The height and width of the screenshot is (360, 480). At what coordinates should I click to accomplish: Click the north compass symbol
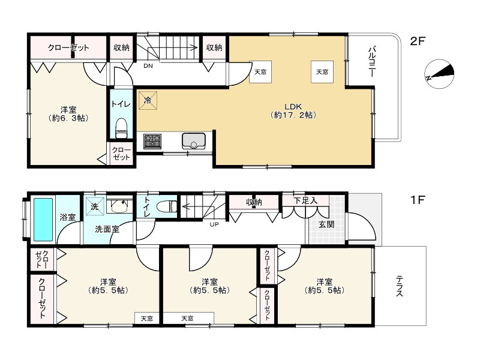pyautogui.click(x=439, y=74)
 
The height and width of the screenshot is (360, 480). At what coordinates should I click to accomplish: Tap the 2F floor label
pyautogui.click(x=418, y=41)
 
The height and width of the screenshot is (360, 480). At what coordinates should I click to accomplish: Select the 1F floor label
pyautogui.click(x=418, y=200)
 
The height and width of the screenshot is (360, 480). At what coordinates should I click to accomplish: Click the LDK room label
pyautogui.click(x=293, y=107)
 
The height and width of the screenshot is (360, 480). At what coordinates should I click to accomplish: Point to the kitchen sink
pyautogui.click(x=193, y=140)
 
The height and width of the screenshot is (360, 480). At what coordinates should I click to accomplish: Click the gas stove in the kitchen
pyautogui.click(x=152, y=141)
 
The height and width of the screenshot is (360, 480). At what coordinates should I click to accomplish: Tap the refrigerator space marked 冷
pyautogui.click(x=148, y=100)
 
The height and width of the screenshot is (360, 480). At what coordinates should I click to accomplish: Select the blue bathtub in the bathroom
pyautogui.click(x=43, y=220)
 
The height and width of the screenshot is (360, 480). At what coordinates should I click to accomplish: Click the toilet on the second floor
pyautogui.click(x=122, y=128)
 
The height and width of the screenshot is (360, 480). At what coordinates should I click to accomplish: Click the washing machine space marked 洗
pyautogui.click(x=95, y=206)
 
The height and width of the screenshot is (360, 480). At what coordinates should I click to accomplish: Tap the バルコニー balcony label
pyautogui.click(x=372, y=62)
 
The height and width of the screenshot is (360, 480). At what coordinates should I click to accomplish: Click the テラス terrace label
pyautogui.click(x=399, y=286)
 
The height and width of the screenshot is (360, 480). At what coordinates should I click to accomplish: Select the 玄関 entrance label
pyautogui.click(x=326, y=224)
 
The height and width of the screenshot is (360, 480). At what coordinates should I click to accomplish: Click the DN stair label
pyautogui.click(x=148, y=66)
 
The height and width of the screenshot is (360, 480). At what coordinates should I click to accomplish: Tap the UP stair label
pyautogui.click(x=214, y=224)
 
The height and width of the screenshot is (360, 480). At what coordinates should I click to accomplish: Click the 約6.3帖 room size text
pyautogui.click(x=68, y=118)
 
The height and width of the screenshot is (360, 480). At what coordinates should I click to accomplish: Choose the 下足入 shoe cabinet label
pyautogui.click(x=305, y=201)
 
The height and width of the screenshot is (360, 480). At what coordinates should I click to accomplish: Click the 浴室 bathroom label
pyautogui.click(x=68, y=217)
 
